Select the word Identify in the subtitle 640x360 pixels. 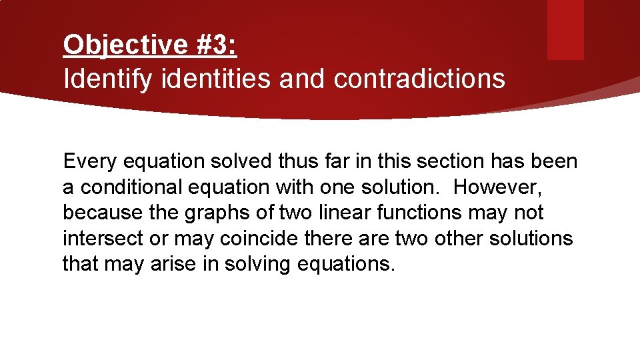pos(107,79)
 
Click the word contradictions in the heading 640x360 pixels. pos(419,79)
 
